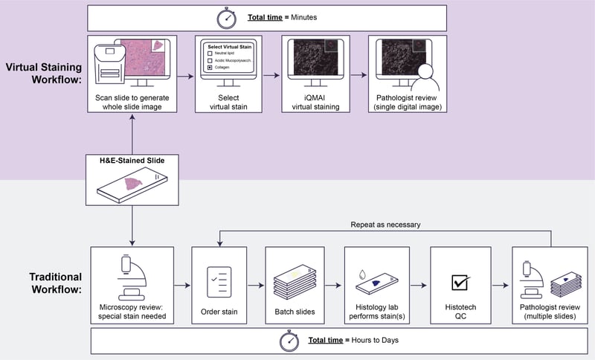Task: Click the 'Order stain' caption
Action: point(219,312)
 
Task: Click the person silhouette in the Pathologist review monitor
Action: point(424,77)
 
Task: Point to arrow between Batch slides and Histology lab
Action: point(335,283)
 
